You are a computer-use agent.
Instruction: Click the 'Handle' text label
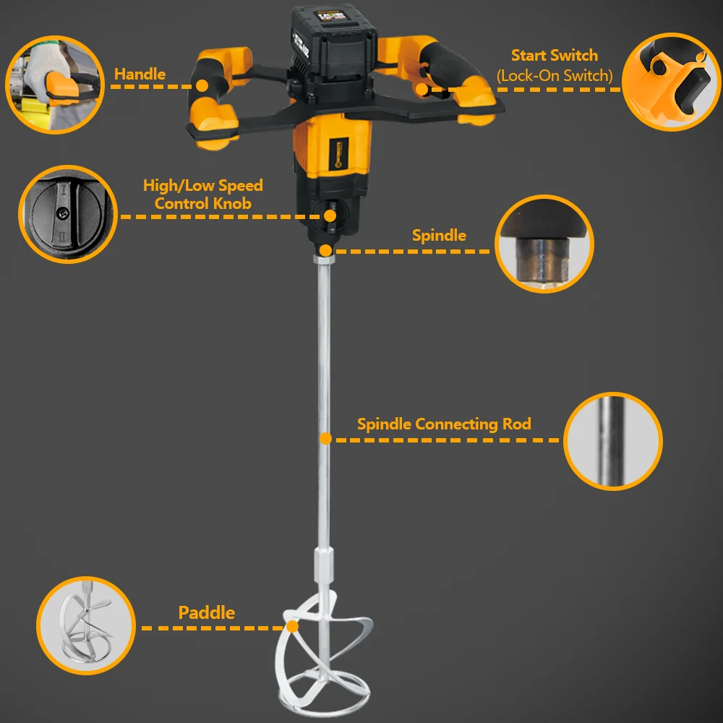(x=140, y=74)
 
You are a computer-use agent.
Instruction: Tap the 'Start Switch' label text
(x=554, y=56)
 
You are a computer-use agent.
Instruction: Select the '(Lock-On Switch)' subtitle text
(x=554, y=75)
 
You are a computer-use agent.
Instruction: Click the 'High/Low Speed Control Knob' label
(x=202, y=194)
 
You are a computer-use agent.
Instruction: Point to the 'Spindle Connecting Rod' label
(x=444, y=424)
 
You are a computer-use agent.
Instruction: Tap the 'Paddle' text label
(x=207, y=612)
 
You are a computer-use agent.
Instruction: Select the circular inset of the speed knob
(x=67, y=215)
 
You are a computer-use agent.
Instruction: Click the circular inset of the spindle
(x=544, y=244)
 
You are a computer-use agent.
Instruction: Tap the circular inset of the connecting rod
(x=612, y=441)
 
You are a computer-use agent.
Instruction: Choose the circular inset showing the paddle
(x=86, y=625)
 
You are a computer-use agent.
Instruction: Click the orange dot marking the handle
(x=202, y=86)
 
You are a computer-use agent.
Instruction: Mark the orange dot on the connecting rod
(x=325, y=438)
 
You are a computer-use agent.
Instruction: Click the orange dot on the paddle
(x=293, y=627)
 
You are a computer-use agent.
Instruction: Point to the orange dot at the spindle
(x=325, y=250)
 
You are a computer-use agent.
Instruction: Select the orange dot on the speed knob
(x=330, y=215)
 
